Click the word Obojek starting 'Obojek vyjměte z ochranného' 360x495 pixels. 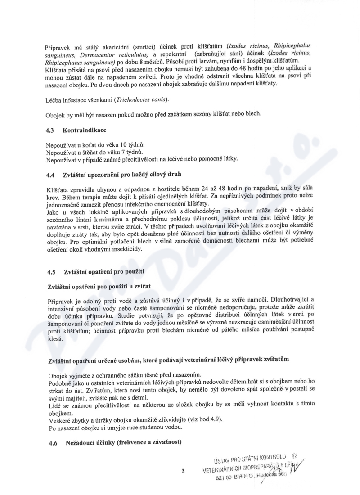pos(57,376)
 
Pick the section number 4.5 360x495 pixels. pos(52,272)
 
